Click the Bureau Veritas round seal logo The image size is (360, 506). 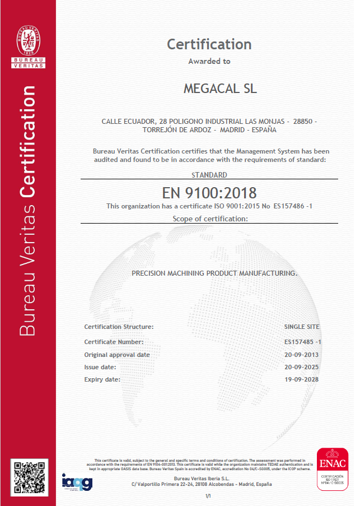29,38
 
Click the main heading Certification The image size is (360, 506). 209,44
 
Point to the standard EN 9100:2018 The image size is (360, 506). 209,193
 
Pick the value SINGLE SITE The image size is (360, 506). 303,326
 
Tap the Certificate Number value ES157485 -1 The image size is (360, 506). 303,341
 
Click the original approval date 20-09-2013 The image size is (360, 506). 303,355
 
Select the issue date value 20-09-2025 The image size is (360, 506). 303,367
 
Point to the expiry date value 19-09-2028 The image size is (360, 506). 303,379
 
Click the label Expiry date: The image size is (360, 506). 102,379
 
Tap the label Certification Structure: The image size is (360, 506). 119,326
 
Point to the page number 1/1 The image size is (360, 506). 208,496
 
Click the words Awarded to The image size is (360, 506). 209,62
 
